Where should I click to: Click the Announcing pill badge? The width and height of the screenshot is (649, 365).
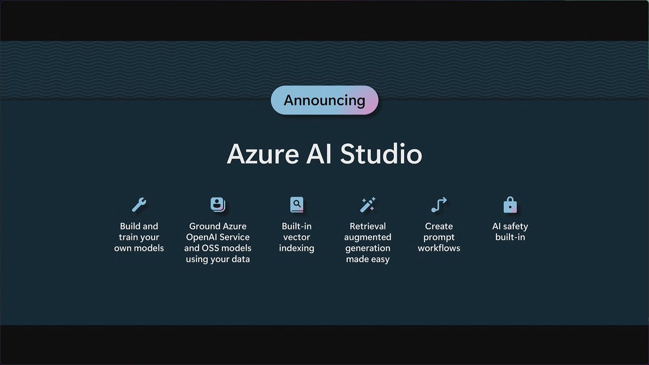click(x=324, y=100)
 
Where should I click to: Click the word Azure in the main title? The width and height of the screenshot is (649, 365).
click(x=261, y=155)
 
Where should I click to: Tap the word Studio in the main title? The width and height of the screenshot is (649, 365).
click(x=381, y=155)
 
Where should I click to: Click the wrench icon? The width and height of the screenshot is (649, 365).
click(x=139, y=204)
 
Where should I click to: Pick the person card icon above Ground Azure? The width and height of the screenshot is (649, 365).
click(x=217, y=204)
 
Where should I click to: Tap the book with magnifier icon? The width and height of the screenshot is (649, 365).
click(x=296, y=204)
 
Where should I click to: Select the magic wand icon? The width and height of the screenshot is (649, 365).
click(x=368, y=204)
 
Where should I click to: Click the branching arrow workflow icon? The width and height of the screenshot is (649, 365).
click(x=439, y=204)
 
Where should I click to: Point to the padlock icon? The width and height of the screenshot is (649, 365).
click(x=510, y=205)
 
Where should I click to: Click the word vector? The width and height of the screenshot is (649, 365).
click(x=296, y=237)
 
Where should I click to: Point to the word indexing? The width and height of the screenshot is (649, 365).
click(x=296, y=248)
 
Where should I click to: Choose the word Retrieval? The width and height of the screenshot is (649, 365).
click(x=368, y=227)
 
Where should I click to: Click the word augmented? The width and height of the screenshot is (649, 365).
click(x=368, y=237)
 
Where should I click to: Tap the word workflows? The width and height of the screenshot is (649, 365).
click(x=439, y=248)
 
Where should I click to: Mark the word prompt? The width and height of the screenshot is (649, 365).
click(x=439, y=237)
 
